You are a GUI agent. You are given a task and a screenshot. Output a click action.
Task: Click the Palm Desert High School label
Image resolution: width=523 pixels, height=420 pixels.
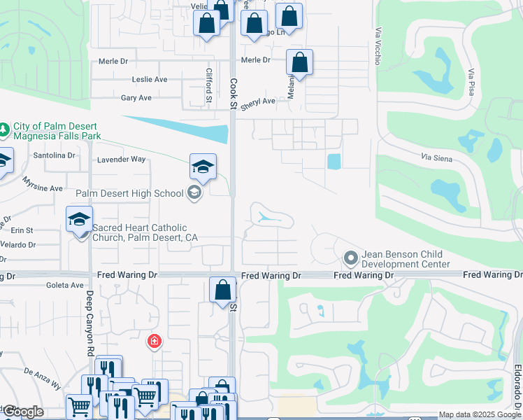click(129, 193)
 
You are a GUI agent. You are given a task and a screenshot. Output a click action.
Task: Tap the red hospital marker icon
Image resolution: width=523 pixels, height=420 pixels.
click(154, 342)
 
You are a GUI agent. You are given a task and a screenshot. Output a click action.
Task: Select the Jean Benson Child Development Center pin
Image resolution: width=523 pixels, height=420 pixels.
click(351, 260)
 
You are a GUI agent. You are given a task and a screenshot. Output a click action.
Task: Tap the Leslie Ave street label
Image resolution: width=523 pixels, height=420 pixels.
click(150, 80)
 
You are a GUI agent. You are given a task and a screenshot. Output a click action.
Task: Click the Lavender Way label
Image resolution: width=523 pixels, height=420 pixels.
click(121, 160)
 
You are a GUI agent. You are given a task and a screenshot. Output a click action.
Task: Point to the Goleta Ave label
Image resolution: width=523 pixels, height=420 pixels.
click(65, 286)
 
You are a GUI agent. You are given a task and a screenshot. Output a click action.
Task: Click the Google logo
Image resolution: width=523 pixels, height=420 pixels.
click(22, 412)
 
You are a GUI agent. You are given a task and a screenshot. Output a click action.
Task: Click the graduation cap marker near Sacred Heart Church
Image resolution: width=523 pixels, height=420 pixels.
click(79, 220)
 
